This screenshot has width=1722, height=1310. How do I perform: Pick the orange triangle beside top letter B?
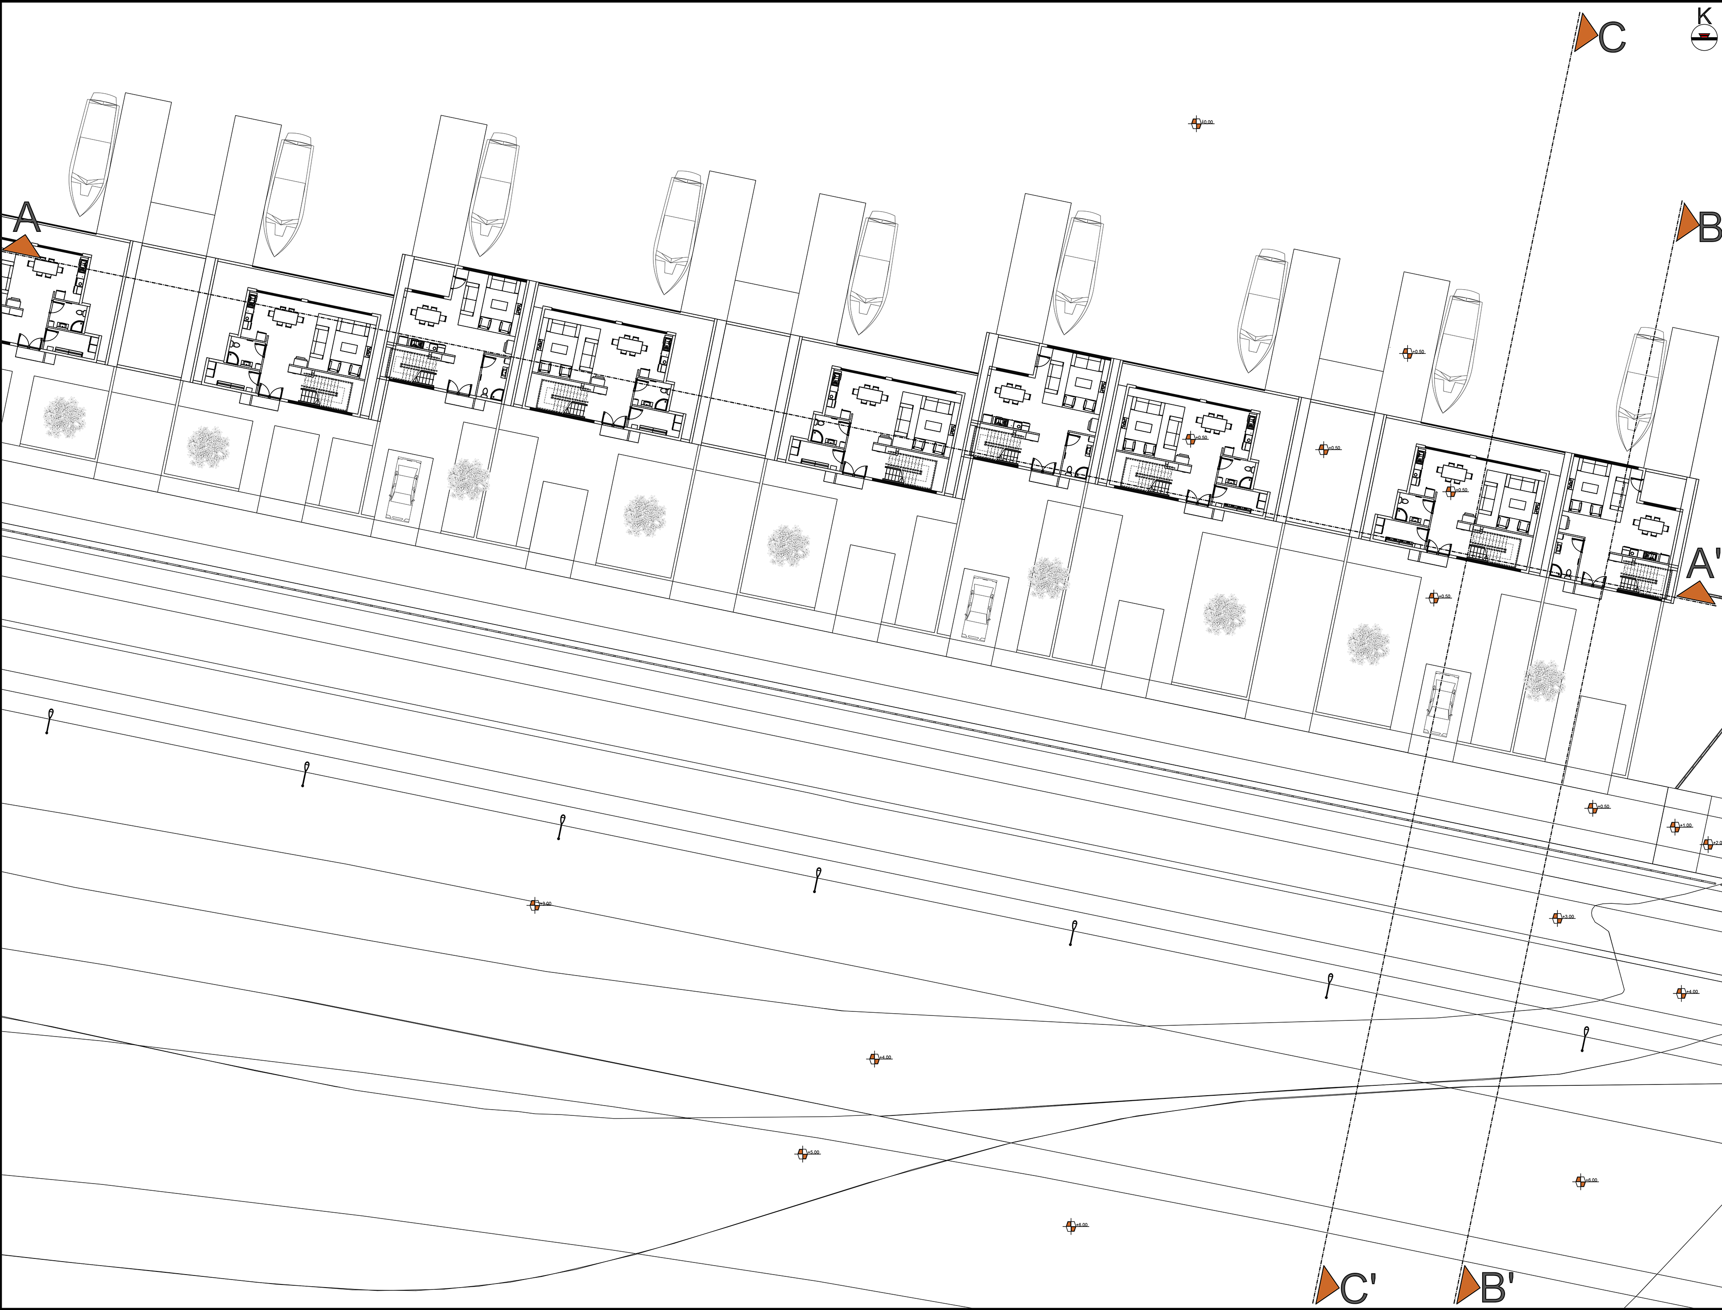[x=1687, y=224]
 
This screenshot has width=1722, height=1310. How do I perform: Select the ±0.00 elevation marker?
[x=1196, y=123]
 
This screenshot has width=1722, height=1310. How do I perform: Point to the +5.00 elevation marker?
[x=802, y=1153]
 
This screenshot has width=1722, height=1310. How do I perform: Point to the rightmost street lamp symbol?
[x=1585, y=1039]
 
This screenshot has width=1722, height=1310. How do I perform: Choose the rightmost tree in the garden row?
[x=1544, y=681]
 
